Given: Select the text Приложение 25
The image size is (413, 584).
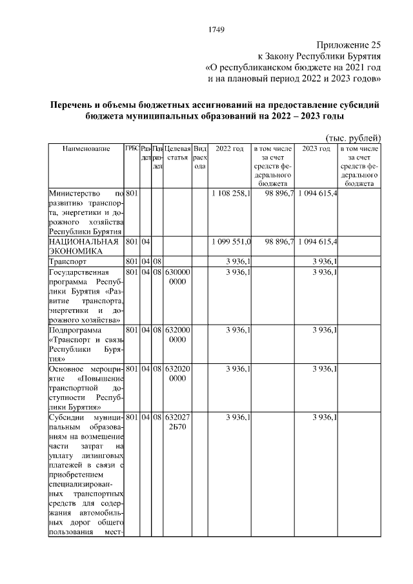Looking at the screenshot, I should pyautogui.click(x=348, y=45).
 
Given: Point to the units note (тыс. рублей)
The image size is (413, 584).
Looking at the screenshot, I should pyautogui.click(x=352, y=137).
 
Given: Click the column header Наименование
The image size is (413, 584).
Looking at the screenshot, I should pyautogui.click(x=86, y=149).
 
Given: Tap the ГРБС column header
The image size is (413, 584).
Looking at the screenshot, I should pyautogui.click(x=132, y=149).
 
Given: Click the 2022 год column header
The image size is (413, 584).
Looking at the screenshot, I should pyautogui.click(x=229, y=149).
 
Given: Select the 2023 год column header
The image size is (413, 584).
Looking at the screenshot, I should pyautogui.click(x=316, y=149).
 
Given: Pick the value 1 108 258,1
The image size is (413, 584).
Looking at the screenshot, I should pyautogui.click(x=231, y=193).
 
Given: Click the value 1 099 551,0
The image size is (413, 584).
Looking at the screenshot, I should pyautogui.click(x=231, y=241).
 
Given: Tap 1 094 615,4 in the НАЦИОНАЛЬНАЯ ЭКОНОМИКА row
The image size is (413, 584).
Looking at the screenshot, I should pyautogui.click(x=317, y=241).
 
